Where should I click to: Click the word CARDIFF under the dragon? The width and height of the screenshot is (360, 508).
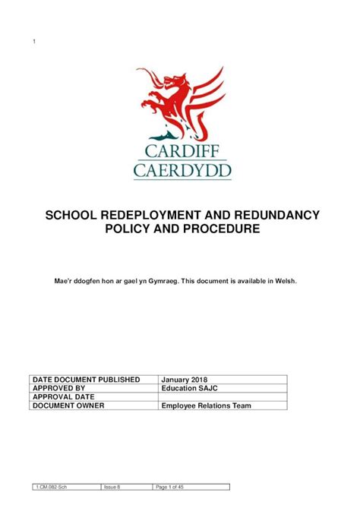(x=180, y=150)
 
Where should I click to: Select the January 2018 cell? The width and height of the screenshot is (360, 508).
(x=185, y=378)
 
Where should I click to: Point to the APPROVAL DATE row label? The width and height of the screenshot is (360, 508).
(x=64, y=396)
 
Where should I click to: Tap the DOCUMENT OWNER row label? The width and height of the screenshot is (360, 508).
(x=68, y=405)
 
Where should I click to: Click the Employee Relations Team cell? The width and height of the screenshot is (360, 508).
(x=206, y=405)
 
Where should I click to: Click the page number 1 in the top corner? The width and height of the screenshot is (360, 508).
(x=34, y=41)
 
